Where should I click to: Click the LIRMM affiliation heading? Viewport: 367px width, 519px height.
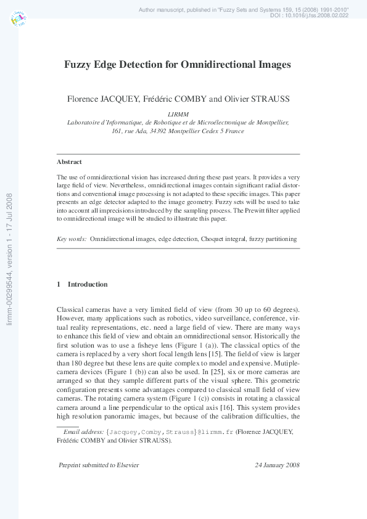(x=178, y=114)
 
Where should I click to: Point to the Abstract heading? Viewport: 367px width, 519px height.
(x=69, y=161)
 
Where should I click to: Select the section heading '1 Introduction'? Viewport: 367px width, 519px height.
(x=81, y=284)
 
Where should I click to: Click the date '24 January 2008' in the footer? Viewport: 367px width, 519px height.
(x=277, y=465)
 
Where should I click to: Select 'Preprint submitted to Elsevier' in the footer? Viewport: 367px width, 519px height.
(x=99, y=465)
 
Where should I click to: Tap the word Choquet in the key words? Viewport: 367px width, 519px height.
(x=213, y=238)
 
